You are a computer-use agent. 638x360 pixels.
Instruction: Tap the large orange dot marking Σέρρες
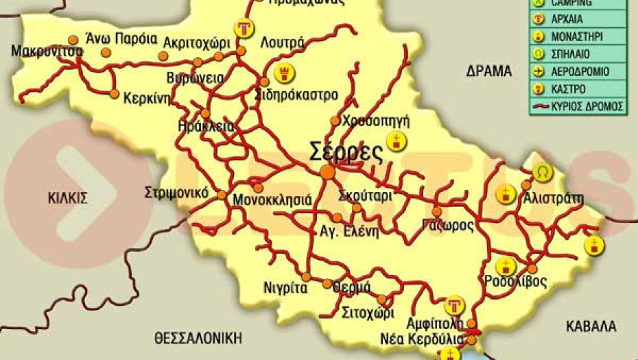point(328,172)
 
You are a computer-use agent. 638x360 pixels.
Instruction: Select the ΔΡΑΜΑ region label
point(489,71)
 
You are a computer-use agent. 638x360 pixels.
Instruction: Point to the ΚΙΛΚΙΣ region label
point(68,198)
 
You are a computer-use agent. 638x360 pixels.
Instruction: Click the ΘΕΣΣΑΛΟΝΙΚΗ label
point(199,337)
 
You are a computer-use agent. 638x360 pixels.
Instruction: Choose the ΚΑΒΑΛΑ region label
point(591,326)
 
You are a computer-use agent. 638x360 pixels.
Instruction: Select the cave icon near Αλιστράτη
point(543,171)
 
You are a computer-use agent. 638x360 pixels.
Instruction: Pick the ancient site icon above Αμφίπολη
point(453,305)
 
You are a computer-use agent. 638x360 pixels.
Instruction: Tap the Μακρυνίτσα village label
point(47,51)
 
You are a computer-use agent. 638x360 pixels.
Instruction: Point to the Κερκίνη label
point(146,98)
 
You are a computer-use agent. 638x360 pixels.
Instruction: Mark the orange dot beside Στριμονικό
point(222,195)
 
